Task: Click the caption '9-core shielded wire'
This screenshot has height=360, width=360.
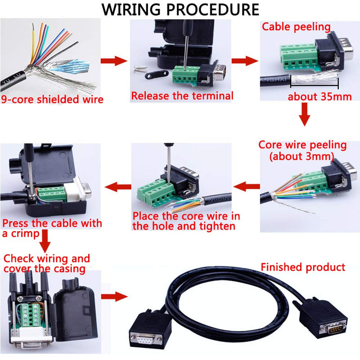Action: [52, 99]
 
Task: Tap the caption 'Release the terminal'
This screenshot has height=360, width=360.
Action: [182, 96]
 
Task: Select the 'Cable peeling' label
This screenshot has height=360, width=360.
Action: [297, 27]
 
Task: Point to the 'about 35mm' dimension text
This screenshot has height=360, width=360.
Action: [319, 96]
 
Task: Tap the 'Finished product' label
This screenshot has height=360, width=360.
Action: [303, 267]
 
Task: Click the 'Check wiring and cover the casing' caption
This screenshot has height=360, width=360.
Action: [47, 264]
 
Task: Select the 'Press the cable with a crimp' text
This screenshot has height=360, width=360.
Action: [52, 228]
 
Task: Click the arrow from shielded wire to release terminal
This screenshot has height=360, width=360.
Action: [114, 61]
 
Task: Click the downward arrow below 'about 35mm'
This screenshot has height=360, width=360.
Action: [305, 114]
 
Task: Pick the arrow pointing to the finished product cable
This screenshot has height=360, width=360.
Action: [114, 297]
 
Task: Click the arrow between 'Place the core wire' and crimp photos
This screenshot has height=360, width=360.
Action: [117, 185]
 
